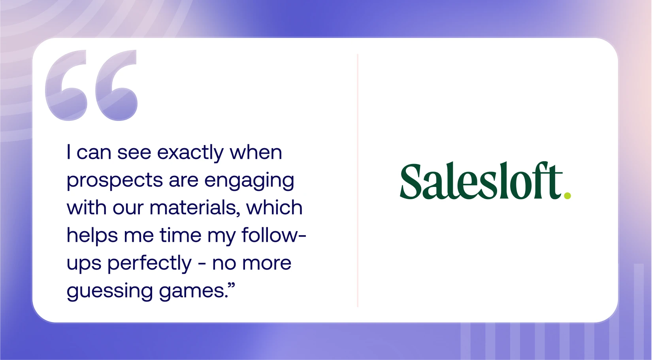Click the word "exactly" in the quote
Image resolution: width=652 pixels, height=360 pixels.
[190, 153]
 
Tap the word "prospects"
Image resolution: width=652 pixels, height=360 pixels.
[115, 181]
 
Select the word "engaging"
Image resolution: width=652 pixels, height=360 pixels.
[249, 181]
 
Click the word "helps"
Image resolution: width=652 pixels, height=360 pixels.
[92, 236]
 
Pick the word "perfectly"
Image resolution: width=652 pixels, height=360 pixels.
[149, 264]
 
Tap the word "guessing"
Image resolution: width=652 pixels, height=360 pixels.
[110, 291]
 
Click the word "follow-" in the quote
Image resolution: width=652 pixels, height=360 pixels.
[273, 236]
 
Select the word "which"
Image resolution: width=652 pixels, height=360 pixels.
[274, 208]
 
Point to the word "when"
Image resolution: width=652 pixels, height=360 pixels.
[256, 153]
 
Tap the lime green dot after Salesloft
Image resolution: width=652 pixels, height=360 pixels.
[567, 195]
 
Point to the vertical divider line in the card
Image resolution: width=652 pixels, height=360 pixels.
[358, 180]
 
